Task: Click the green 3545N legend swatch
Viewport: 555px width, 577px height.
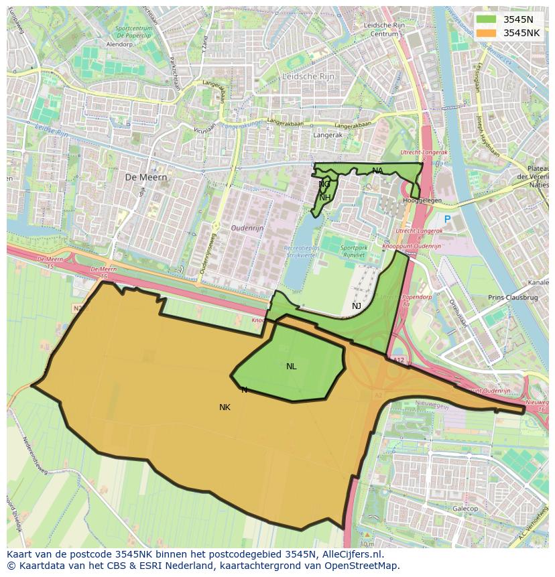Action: coord(487,19)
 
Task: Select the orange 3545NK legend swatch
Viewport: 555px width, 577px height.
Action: coord(487,33)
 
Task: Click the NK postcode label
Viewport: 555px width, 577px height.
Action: coord(225,407)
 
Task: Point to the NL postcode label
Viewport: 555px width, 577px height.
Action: coord(291,367)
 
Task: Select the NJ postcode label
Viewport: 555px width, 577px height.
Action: coord(357,306)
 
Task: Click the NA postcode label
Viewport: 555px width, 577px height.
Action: coord(377,171)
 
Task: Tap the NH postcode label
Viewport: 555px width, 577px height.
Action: coord(324,197)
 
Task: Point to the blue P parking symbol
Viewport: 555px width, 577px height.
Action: coord(447,219)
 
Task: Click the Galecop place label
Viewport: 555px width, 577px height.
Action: coord(465,509)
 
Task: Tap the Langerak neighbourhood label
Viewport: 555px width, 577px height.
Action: coord(327,135)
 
